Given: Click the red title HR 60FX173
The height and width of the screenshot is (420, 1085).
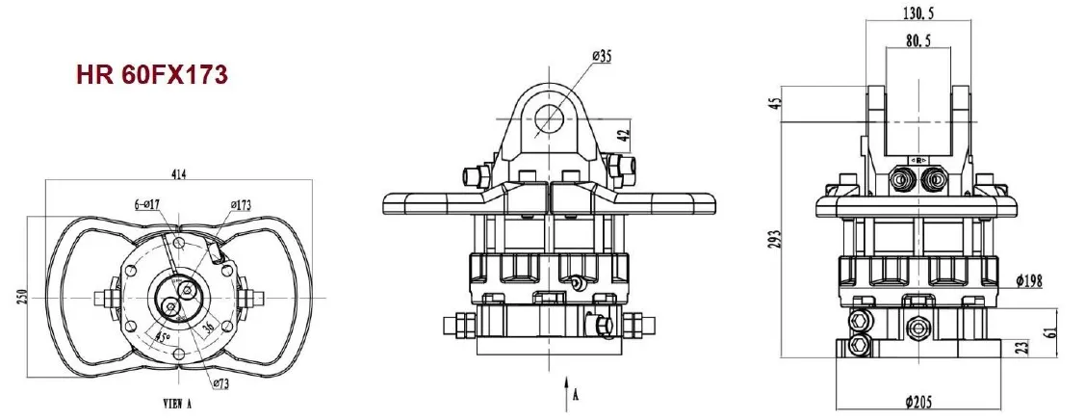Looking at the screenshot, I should [152, 76].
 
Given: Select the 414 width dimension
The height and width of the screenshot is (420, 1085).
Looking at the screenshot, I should [180, 174].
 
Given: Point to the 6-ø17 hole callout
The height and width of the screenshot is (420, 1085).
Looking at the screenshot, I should [150, 205].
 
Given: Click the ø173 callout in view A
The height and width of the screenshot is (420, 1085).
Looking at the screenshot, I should [242, 205].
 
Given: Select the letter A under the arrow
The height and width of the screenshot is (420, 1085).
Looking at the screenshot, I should [576, 394].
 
